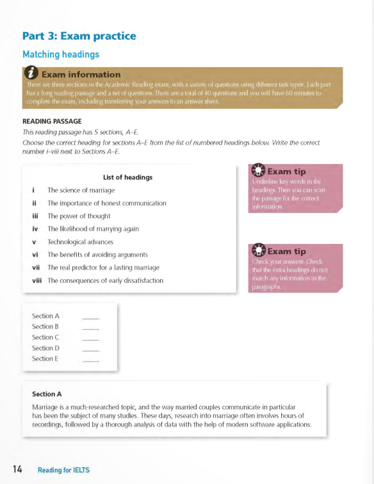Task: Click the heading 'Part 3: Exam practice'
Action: point(79,36)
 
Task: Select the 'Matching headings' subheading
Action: point(60,55)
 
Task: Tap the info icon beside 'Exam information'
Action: point(31,74)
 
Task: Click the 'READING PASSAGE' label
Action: point(52,121)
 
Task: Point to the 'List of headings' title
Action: point(127,177)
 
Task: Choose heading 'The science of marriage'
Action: point(81,190)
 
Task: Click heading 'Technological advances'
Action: point(80,242)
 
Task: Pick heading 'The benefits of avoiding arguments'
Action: point(97,255)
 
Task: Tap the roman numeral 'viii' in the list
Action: point(37,280)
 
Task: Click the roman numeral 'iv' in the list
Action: point(35,229)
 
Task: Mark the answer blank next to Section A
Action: point(91,317)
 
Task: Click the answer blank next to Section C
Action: point(91,338)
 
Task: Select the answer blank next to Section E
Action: point(91,360)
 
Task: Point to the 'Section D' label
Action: point(45,348)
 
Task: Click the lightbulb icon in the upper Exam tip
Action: point(258,171)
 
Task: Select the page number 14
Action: point(16,470)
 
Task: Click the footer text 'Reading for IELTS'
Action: point(63,471)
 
